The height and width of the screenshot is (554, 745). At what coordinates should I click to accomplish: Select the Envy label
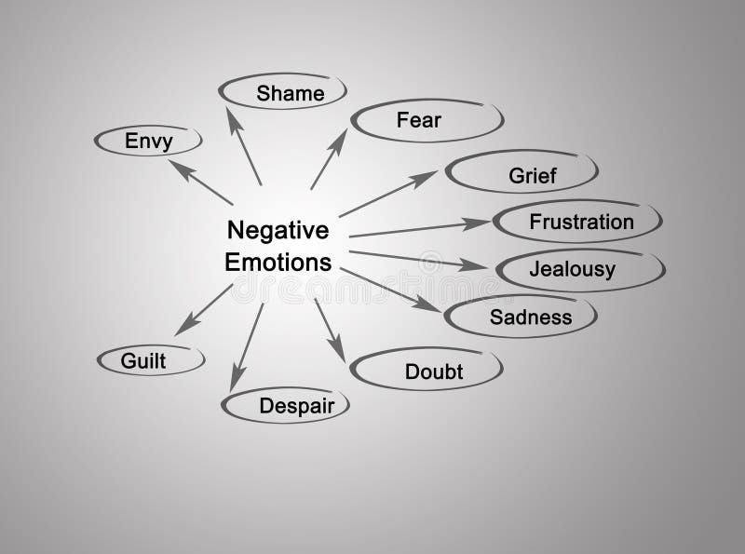149,142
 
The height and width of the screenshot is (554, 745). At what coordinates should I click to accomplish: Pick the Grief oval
521,173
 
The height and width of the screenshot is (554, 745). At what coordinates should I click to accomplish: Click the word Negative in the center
278,229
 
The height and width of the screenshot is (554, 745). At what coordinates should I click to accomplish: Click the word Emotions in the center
278,262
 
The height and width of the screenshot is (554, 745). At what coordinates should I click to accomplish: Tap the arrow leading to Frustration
419,229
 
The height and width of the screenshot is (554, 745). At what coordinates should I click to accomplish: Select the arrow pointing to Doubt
330,331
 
